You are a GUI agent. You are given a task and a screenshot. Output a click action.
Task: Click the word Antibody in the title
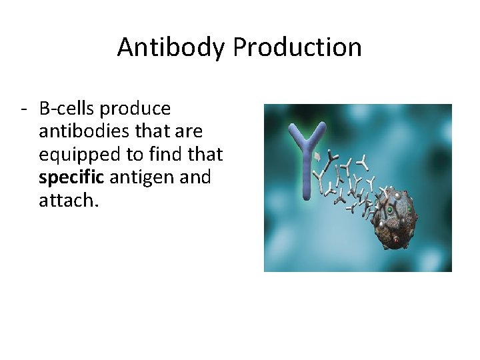pyautogui.click(x=172, y=47)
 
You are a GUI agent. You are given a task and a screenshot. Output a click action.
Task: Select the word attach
pyautogui.click(x=67, y=200)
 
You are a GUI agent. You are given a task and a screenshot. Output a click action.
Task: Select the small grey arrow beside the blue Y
pyautogui.click(x=318, y=157)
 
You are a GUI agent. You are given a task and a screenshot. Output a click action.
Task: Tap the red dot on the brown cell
pyautogui.click(x=396, y=237)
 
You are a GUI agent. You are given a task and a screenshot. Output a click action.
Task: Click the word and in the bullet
pyautogui.click(x=197, y=177)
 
